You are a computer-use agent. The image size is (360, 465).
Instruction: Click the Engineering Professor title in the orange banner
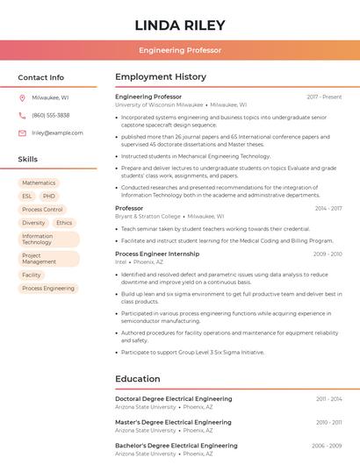180,51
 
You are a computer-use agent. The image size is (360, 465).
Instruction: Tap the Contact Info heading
41,77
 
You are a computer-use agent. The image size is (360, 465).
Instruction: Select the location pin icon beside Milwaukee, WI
22,97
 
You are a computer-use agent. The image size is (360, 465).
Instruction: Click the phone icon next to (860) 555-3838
22,115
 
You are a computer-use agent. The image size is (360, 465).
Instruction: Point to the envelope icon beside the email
22,132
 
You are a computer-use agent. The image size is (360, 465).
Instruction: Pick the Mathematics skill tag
39,183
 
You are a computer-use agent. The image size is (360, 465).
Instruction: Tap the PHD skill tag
49,197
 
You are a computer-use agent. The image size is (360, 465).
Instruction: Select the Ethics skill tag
64,223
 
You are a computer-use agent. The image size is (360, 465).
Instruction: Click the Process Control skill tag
42,210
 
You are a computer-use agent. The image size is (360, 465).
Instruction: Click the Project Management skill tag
40,259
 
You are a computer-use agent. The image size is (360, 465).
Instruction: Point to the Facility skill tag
32,275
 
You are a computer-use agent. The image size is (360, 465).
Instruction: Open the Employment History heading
161,77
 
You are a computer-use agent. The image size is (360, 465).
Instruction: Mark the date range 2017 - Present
324,97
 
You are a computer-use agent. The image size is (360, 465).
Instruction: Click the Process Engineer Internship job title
157,254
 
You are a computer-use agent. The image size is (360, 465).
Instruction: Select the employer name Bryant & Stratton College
148,216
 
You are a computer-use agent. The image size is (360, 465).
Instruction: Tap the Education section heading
138,379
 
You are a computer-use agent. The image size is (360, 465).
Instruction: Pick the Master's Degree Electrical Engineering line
174,422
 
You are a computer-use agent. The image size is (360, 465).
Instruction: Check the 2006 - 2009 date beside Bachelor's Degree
327,446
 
